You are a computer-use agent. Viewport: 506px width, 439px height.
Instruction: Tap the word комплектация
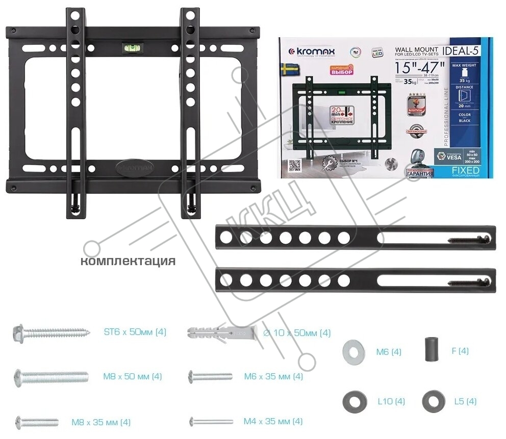coord(128,262)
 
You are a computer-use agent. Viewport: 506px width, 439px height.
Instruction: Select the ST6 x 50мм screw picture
coord(51,333)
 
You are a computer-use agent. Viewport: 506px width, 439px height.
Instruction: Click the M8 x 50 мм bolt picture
coord(54,377)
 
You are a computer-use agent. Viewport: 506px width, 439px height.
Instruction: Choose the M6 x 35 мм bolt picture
coord(210,377)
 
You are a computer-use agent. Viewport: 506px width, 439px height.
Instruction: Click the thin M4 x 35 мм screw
coord(211,422)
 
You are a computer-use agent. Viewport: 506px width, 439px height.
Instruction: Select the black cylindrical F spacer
coord(432,350)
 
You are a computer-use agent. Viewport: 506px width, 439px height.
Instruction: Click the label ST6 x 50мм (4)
coord(135,332)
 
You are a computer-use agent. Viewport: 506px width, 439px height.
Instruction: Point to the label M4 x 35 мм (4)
coord(273,422)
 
